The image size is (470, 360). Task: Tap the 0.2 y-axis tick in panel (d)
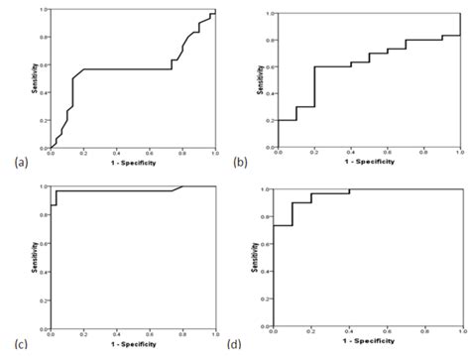(268, 298)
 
